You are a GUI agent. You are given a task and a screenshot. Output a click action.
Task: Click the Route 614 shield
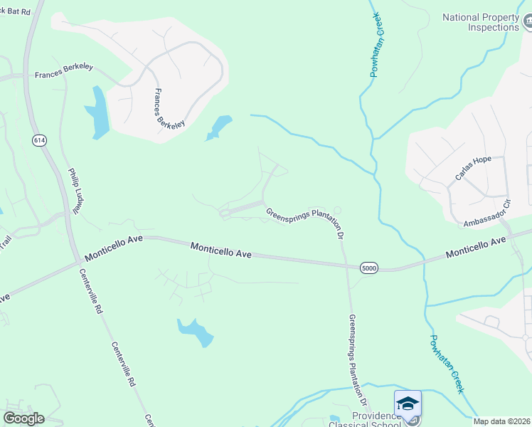pos(38,141)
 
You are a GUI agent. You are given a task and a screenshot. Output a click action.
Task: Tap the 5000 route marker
pos(368,268)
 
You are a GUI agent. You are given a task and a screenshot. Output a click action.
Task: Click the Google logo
pos(24,418)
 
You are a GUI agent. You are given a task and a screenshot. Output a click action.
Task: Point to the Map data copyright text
pos(501,421)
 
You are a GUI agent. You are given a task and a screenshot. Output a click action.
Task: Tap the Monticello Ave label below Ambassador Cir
pos(476,248)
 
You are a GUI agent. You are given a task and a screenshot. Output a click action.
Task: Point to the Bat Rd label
pos(16,12)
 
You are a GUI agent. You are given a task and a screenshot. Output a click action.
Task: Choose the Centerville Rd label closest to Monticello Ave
pos(92,292)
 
